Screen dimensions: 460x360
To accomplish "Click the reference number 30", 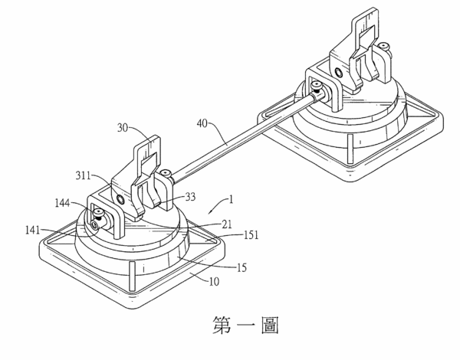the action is [123, 128].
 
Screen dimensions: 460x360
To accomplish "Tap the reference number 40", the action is [202, 123].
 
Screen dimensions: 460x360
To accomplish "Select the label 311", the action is [84, 175].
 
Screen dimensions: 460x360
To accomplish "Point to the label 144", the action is [63, 202].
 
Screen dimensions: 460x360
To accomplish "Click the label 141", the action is [32, 230].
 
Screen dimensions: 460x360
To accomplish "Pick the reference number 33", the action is [190, 197].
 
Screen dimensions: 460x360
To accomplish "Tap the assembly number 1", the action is [232, 200].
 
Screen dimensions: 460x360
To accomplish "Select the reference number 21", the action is [226, 224].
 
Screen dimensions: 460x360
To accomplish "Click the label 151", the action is [251, 235].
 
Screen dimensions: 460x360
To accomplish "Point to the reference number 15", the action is [242, 267].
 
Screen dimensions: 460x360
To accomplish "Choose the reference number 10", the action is [214, 282].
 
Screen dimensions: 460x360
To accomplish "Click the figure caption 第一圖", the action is [245, 325].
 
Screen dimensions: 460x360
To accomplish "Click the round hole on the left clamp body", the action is [120, 200].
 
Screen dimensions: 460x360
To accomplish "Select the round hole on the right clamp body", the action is [339, 72].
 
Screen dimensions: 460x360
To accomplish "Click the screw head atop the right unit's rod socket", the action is [317, 86].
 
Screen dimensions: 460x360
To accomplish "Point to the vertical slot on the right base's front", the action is [350, 149].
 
